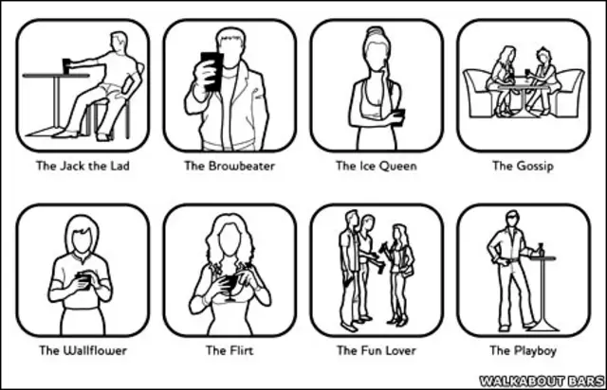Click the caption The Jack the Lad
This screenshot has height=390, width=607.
pos(83,166)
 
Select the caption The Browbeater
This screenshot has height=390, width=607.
pos(230,166)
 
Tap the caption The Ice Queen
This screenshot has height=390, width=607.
pos(377,166)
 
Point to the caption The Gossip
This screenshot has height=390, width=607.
pos(523,167)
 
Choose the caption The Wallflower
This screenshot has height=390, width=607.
pos(83,350)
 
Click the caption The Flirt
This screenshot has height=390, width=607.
pos(230,350)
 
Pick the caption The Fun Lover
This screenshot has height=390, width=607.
pos(377,350)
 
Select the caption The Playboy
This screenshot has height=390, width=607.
pos(523,351)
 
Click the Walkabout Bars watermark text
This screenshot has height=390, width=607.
pos(542,381)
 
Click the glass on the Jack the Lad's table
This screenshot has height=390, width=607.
pos(67,66)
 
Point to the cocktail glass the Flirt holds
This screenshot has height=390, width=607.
pos(230,285)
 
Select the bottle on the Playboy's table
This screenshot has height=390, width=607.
pos(541,250)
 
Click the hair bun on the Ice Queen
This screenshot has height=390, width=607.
pos(376,30)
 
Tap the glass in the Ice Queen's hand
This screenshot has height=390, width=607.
pos(398,115)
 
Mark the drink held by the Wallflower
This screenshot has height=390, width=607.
pos(83,281)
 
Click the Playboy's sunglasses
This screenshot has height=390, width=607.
pos(513,218)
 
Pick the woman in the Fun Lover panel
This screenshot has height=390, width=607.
pos(400,275)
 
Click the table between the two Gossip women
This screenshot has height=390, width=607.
pos(523,97)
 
